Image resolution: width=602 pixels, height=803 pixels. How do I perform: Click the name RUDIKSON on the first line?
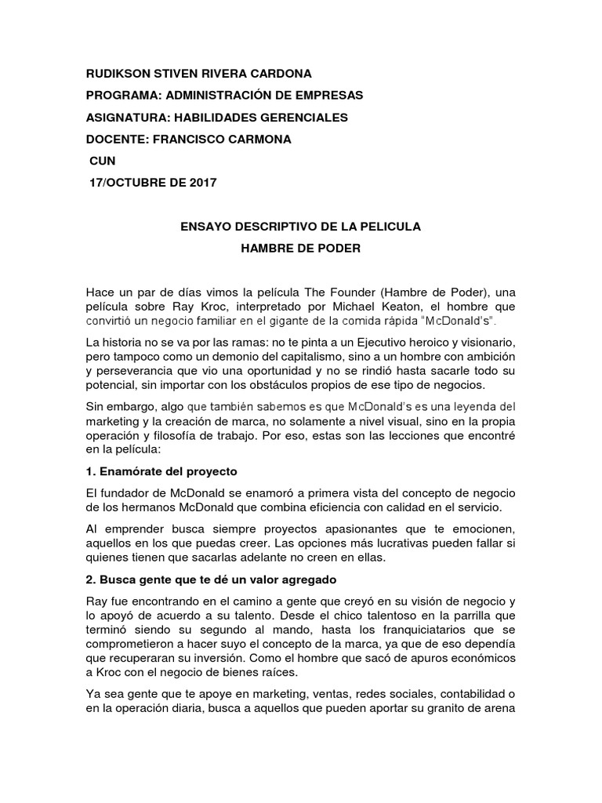click(x=118, y=74)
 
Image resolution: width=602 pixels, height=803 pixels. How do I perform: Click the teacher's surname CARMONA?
click(x=257, y=140)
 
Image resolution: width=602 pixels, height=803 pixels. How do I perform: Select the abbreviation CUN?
click(x=103, y=161)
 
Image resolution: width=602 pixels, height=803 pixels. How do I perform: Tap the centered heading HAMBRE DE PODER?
click(x=301, y=249)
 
